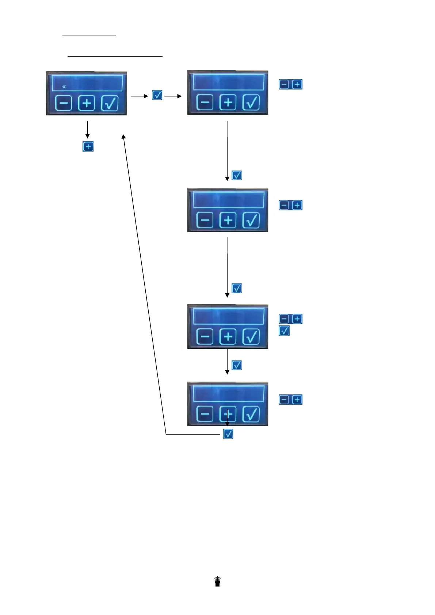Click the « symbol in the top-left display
coord(64,87)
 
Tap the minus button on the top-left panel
coord(64,103)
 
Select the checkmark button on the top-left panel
coord(110,103)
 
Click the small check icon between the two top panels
coord(157,95)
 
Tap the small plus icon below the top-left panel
coord(88,146)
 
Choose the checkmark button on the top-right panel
coord(251,103)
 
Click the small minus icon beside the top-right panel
coord(284,84)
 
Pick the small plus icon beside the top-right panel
coord(297,84)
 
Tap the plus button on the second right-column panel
coord(228,220)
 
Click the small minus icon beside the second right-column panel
coord(284,205)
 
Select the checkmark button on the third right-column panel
coord(251,337)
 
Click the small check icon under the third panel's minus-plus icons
coord(284,331)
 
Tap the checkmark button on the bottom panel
coord(251,414)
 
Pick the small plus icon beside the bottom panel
coord(297,400)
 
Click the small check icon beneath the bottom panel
coord(228,434)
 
